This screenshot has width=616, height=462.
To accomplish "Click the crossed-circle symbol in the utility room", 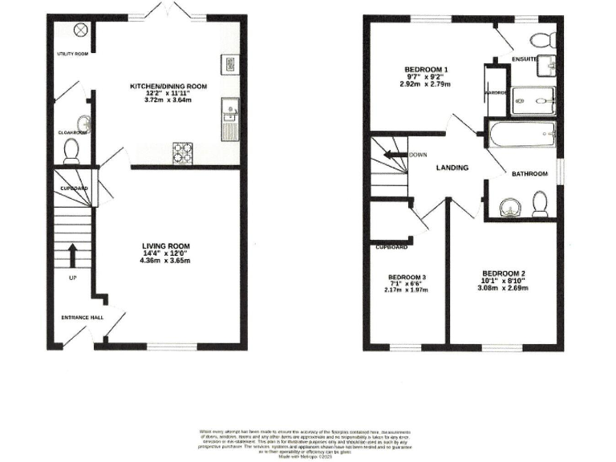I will (x=80, y=30).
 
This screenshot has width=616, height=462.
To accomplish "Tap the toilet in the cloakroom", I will (x=72, y=148).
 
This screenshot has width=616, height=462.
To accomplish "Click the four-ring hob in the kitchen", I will (x=184, y=149).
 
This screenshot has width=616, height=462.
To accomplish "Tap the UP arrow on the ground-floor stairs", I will (x=73, y=256).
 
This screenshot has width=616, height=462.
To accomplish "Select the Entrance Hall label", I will (x=83, y=318).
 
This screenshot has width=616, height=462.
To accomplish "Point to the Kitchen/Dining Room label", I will (x=169, y=86).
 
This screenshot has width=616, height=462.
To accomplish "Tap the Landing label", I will (x=452, y=168).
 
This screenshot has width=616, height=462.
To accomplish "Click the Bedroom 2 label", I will (x=503, y=274).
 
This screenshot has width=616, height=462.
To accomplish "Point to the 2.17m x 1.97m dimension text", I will (x=407, y=290).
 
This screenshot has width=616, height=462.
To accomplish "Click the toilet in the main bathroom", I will (x=540, y=206).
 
